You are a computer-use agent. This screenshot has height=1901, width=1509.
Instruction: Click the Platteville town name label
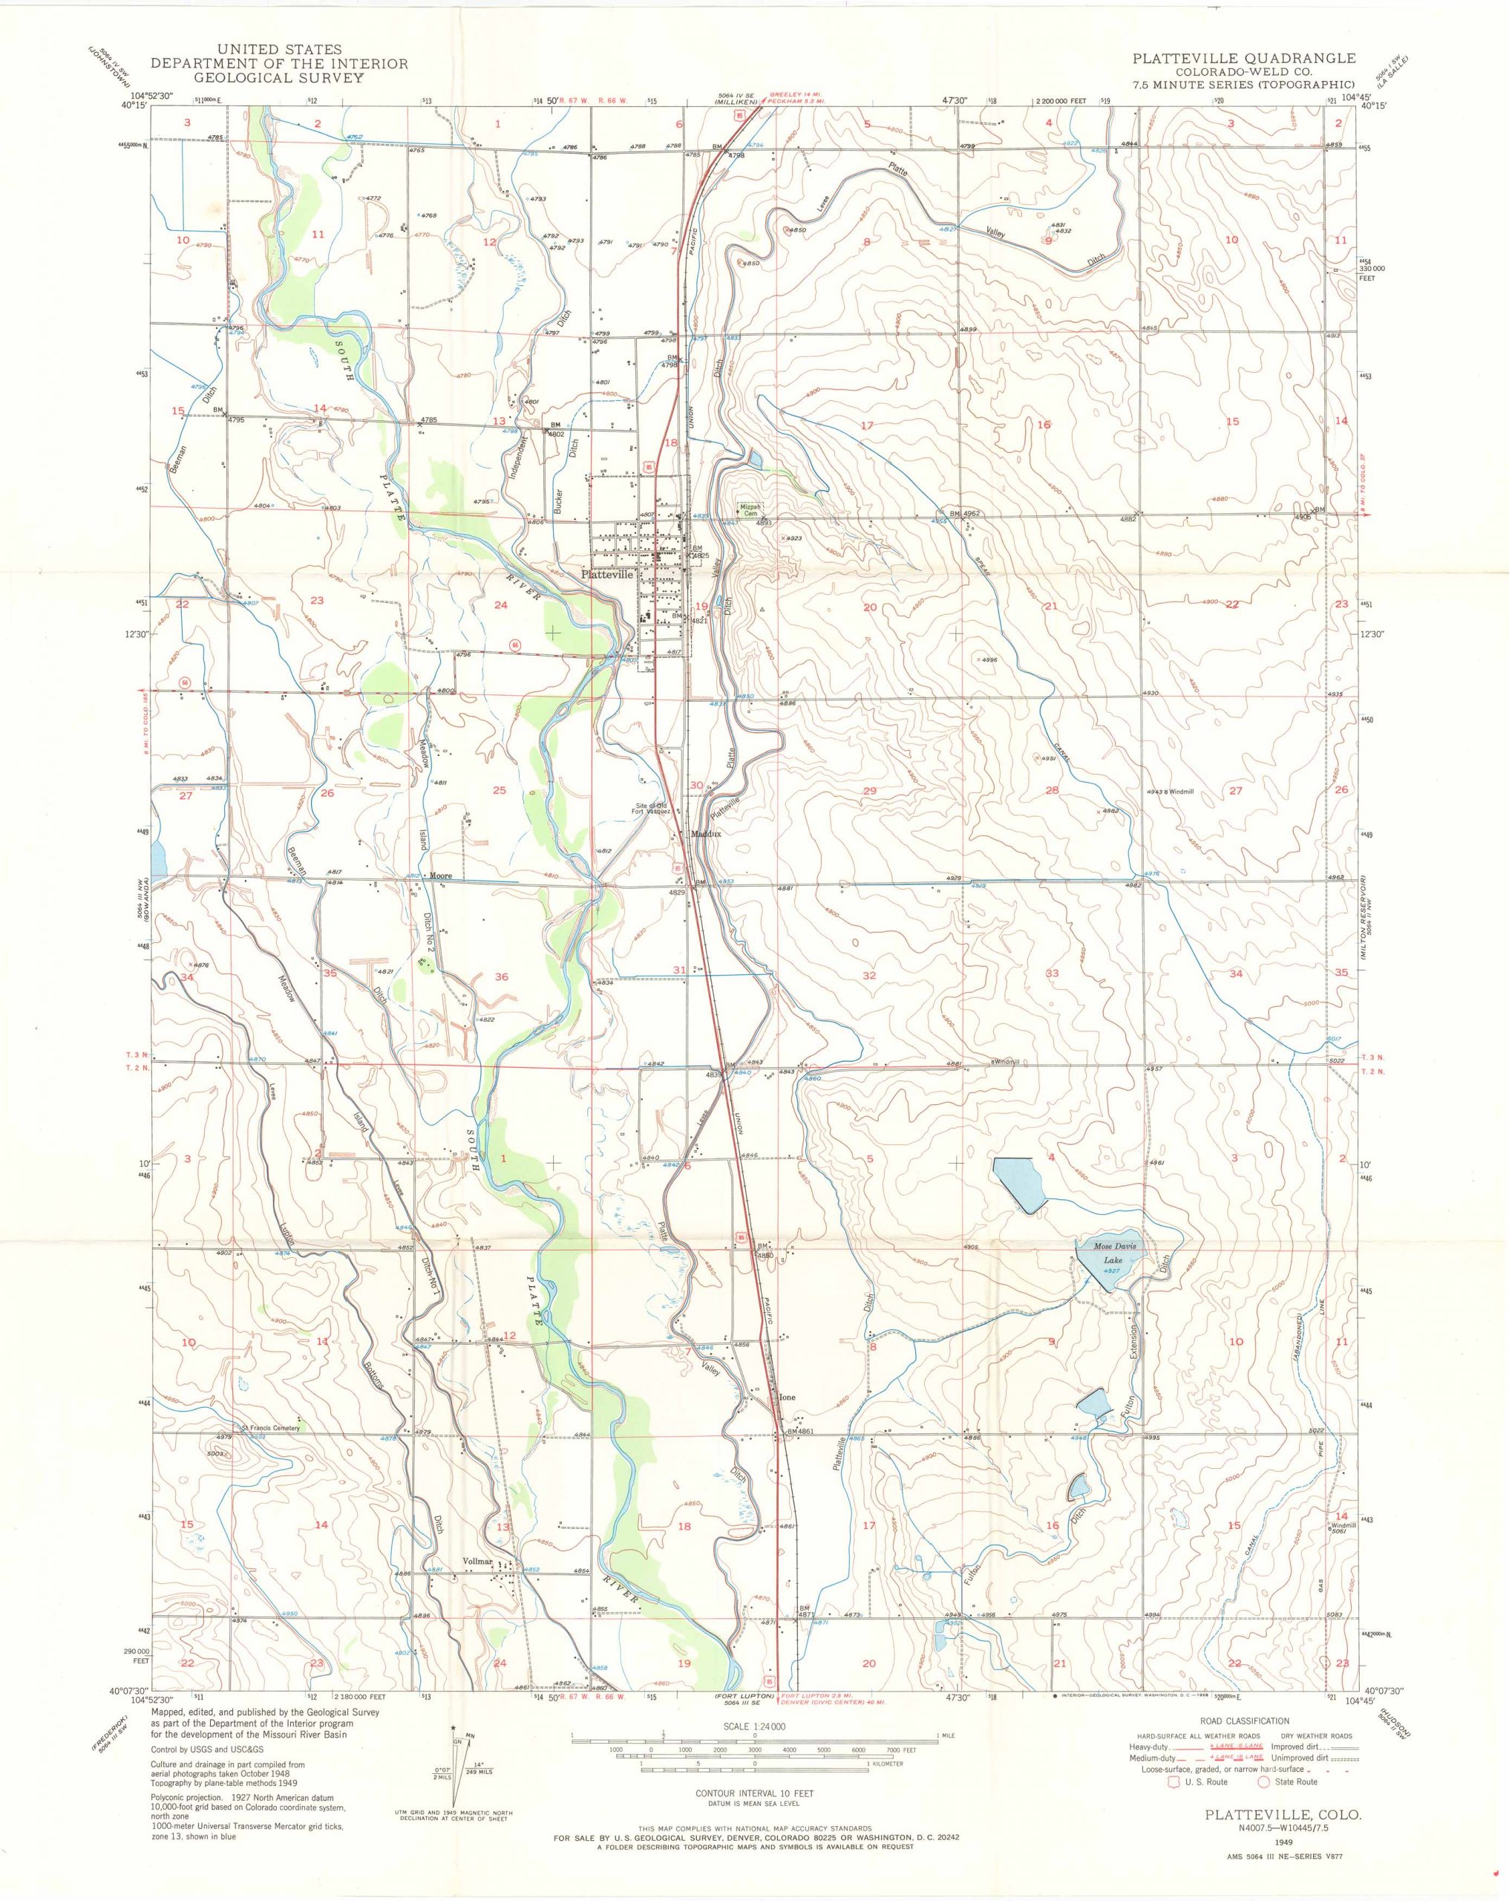pos(607,574)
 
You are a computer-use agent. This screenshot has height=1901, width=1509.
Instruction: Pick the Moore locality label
pos(441,876)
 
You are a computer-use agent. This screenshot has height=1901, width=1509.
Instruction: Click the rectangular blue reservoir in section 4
pos(1019,1184)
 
